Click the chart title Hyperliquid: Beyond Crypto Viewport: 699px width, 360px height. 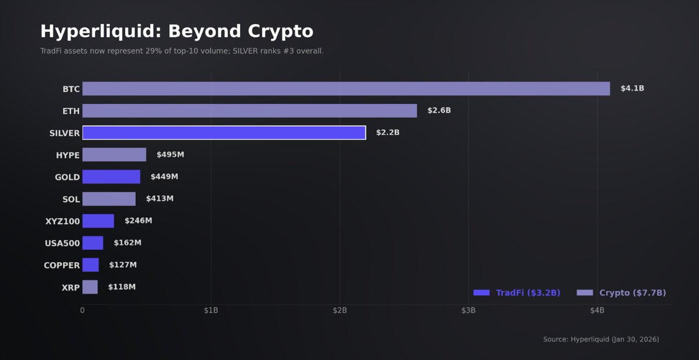click(176, 31)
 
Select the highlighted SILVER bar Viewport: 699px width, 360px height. click(224, 133)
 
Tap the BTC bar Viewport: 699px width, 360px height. click(346, 89)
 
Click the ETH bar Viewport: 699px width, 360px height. click(249, 111)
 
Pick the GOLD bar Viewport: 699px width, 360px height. click(111, 177)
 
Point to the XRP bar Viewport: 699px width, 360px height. click(90, 287)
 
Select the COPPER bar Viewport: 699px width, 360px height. click(90, 265)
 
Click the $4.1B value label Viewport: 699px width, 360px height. click(632, 89)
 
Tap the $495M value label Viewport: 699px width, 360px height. click(170, 155)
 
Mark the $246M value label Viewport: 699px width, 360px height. click(138, 221)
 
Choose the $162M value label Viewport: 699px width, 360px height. click(128, 243)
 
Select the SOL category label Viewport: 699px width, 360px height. click(71, 199)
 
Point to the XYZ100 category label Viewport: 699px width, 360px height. click(62, 221)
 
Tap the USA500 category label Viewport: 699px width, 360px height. click(62, 243)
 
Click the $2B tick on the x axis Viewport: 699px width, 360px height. click(340, 310)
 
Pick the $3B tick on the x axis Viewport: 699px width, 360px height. click(468, 310)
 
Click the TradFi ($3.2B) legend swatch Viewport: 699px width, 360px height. click(481, 293)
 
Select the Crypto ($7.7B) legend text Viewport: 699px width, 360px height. click(632, 293)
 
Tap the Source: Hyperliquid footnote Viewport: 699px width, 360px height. click(601, 339)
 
